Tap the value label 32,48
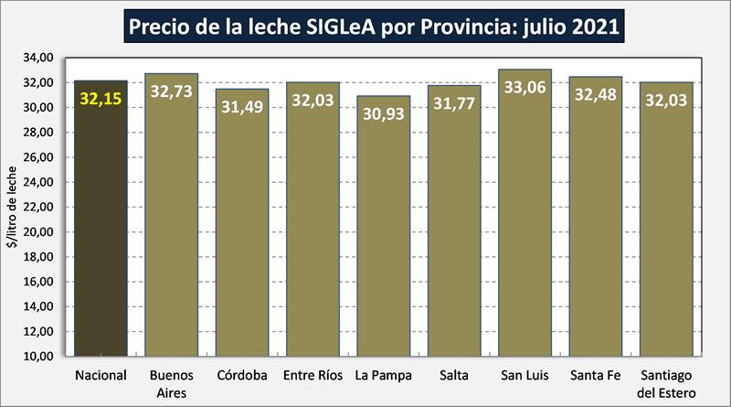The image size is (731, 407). (x=596, y=94)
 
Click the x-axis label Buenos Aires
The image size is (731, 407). (x=171, y=383)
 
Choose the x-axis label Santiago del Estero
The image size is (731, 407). (x=666, y=383)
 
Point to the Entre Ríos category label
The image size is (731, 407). (x=313, y=375)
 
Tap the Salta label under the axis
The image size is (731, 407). (x=454, y=375)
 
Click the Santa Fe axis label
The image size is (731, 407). (x=596, y=375)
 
